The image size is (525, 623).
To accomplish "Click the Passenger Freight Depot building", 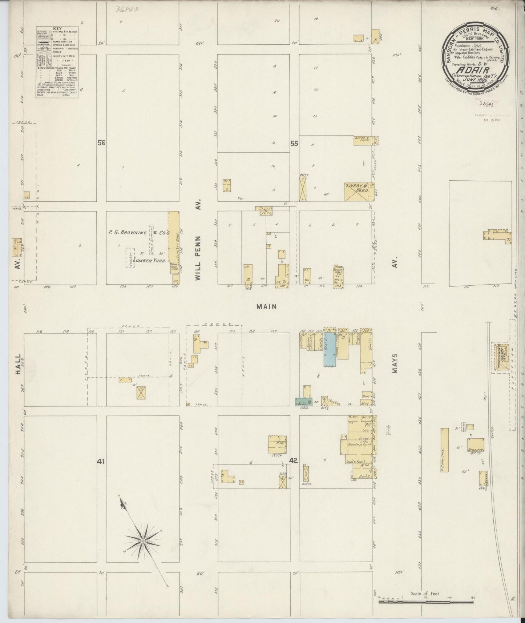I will (x=500, y=358).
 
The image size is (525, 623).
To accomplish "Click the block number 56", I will (x=101, y=143).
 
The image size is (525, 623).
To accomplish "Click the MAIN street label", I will (x=267, y=307).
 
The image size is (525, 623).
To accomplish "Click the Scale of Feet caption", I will (x=425, y=594).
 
